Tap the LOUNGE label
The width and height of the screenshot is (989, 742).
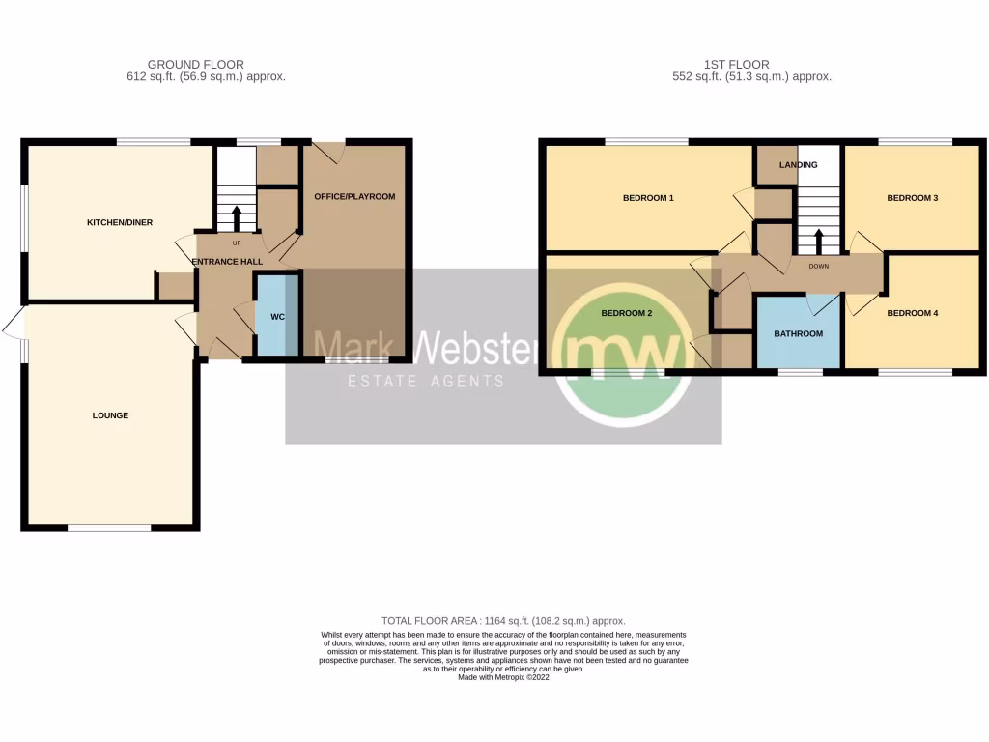pyautogui.click(x=110, y=415)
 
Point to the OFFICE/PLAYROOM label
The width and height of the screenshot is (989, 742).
pyautogui.click(x=355, y=196)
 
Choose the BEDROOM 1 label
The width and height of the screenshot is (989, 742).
pyautogui.click(x=647, y=198)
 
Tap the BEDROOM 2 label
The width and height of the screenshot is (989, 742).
pyautogui.click(x=627, y=313)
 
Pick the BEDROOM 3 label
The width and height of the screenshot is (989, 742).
pyautogui.click(x=913, y=198)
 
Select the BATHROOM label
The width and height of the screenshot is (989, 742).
pyautogui.click(x=799, y=334)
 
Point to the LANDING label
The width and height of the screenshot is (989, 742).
pyautogui.click(x=799, y=165)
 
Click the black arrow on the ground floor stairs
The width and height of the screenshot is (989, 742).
pyautogui.click(x=235, y=214)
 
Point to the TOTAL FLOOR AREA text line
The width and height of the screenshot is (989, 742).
pyautogui.click(x=503, y=620)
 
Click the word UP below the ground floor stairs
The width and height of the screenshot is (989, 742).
pyautogui.click(x=236, y=242)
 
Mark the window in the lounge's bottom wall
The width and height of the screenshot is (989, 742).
pyautogui.click(x=109, y=528)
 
